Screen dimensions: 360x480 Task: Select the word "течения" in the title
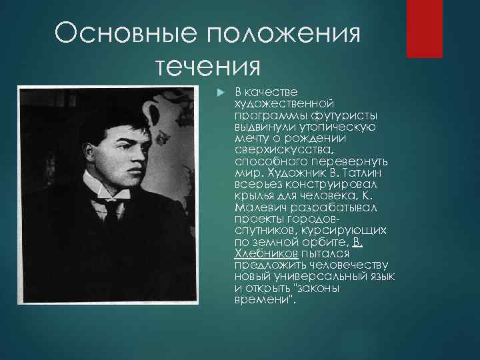[x=206, y=67]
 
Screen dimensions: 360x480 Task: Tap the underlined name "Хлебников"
[x=265, y=255]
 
